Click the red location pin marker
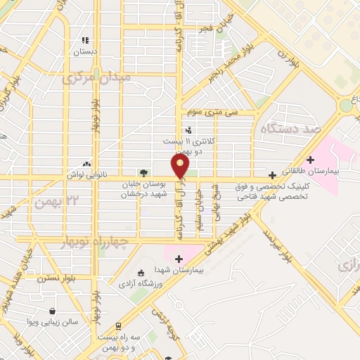[x=181, y=166]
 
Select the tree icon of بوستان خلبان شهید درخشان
[x=143, y=172]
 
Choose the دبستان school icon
[x=86, y=41]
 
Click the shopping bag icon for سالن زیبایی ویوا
[x=52, y=311]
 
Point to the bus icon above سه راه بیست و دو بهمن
[x=119, y=326]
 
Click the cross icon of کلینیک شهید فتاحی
[x=273, y=175]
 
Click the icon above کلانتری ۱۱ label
[x=188, y=130]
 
